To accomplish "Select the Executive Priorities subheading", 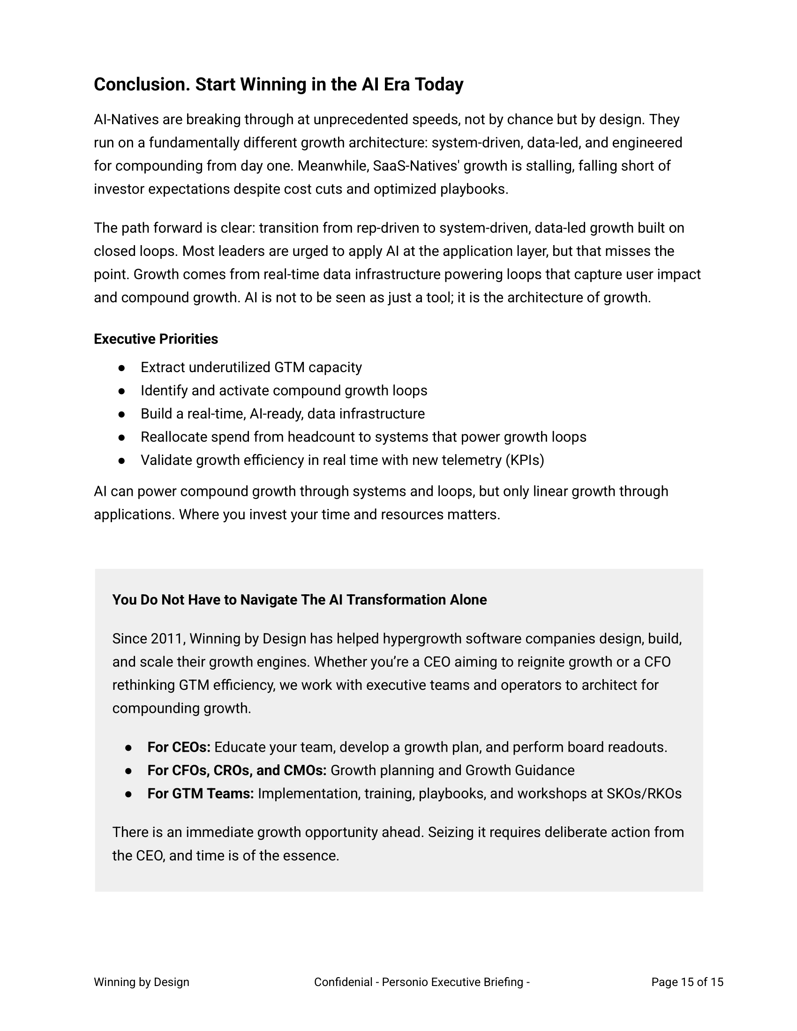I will (156, 339).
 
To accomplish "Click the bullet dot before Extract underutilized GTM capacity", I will (122, 368).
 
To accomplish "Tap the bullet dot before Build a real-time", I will (122, 414).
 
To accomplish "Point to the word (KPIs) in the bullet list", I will (525, 460).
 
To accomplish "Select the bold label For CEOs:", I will (179, 747).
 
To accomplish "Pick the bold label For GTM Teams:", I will (201, 793).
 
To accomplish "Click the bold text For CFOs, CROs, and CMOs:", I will (237, 770).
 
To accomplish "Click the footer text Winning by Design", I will (142, 982).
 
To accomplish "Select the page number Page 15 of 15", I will (687, 982).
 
